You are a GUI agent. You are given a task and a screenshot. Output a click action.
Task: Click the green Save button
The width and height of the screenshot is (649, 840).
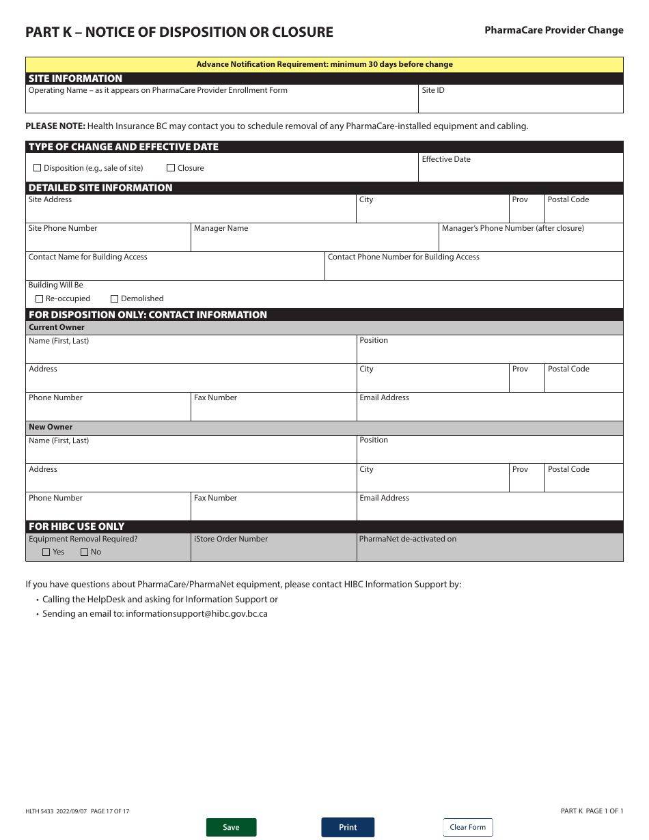tap(231, 827)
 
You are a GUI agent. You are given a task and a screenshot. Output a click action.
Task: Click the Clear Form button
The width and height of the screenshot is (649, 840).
tap(467, 827)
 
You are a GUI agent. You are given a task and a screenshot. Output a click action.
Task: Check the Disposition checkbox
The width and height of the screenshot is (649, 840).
tap(38, 168)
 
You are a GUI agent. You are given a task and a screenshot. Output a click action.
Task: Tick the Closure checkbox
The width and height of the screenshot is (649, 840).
tap(171, 168)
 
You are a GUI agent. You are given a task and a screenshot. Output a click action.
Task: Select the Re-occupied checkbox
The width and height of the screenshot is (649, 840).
tap(39, 298)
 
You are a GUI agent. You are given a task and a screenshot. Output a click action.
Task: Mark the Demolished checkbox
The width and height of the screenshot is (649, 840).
tap(115, 298)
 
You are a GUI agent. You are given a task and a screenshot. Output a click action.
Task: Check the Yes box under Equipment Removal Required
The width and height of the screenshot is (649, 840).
tap(46, 552)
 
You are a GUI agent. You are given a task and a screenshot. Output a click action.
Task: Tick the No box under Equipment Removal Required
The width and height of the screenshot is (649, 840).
tap(85, 552)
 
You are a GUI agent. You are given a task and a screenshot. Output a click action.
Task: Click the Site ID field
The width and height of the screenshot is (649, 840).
tap(520, 102)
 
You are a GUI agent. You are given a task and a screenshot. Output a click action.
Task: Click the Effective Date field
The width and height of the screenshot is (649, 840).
tap(520, 172)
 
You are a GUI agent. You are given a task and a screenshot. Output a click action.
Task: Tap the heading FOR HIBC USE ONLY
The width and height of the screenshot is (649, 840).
tap(77, 527)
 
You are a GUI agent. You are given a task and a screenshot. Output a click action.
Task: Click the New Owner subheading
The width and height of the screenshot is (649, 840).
tap(51, 427)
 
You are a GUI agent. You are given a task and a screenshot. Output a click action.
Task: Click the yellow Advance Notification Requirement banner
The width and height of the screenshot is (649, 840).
tap(324, 64)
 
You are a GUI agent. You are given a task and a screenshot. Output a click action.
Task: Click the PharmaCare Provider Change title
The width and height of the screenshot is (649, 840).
tap(553, 30)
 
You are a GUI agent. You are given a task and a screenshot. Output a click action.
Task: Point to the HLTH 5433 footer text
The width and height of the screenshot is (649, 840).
tap(77, 811)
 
